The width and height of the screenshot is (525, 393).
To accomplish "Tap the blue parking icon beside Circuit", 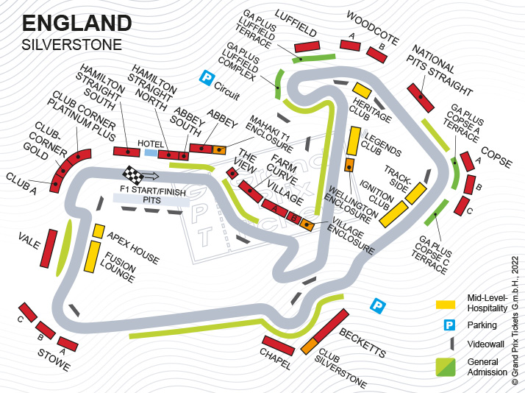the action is tap(207, 77).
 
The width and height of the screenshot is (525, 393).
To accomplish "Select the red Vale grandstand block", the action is tap(49, 248).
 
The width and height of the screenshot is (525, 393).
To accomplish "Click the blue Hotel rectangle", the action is tap(151, 153).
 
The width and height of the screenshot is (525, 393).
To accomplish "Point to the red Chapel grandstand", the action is tap(278, 345).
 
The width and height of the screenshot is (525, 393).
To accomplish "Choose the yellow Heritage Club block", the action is tap(362, 91).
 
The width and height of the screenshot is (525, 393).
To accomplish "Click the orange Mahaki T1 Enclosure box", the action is tap(219, 149).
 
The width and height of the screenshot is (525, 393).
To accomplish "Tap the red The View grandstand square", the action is tap(232, 173).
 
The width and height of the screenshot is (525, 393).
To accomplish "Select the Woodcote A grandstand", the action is tap(350, 45).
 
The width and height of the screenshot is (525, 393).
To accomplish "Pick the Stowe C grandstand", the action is tap(28, 312).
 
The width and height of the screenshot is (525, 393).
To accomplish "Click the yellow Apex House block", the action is tap(99, 231).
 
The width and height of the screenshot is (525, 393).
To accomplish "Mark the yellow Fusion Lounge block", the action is tap(92, 257).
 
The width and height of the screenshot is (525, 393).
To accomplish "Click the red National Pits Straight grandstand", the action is tap(421, 98).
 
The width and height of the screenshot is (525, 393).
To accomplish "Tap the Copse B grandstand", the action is tap(470, 185).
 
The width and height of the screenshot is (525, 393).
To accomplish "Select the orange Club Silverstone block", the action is tap(309, 346).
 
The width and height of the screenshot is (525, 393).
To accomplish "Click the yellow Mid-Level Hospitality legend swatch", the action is tap(446, 305).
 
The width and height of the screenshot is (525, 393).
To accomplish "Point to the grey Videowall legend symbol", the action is tap(452, 344).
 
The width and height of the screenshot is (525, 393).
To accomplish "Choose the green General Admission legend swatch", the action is tap(446, 367).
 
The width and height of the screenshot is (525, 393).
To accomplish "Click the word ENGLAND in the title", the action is tap(77, 24).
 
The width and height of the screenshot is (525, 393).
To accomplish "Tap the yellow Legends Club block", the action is tap(354, 141).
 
